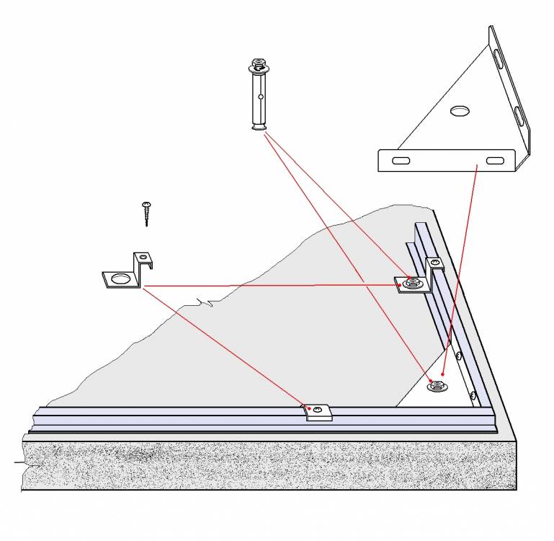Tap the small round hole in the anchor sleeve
point(260,94)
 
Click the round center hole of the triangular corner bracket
point(458,110)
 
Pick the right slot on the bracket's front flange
point(494,159)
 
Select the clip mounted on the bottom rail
point(316,412)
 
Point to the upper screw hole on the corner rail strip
point(458,355)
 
